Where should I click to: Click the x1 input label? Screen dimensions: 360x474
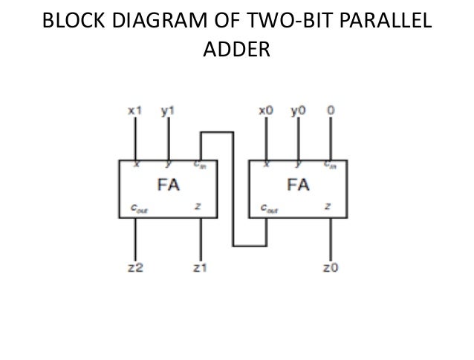click(x=134, y=111)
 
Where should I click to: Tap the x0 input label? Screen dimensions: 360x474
click(x=265, y=111)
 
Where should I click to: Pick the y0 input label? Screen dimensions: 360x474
click(x=298, y=111)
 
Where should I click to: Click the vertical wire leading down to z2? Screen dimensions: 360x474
click(x=134, y=238)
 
